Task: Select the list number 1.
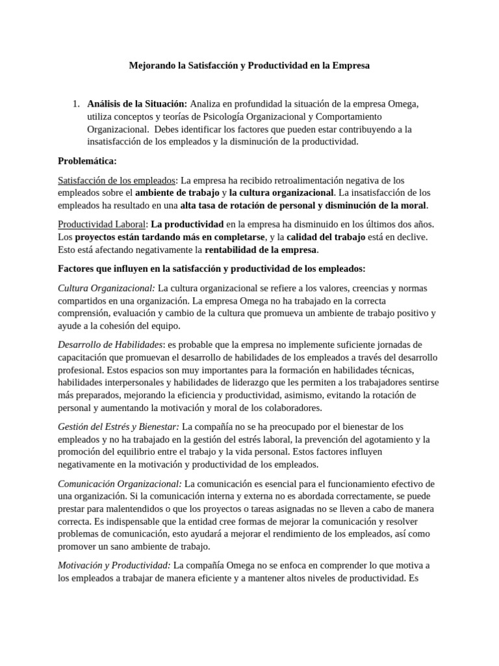point(75,104)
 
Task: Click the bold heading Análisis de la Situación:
point(137,104)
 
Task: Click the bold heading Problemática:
point(87,161)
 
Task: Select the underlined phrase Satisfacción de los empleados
point(117,180)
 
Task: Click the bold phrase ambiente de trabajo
point(177,193)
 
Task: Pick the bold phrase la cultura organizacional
point(281,193)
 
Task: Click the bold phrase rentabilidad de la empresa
point(261,250)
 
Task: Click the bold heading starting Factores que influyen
point(212,269)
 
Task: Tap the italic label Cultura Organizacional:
point(107,287)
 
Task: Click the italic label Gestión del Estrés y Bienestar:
point(119,427)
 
